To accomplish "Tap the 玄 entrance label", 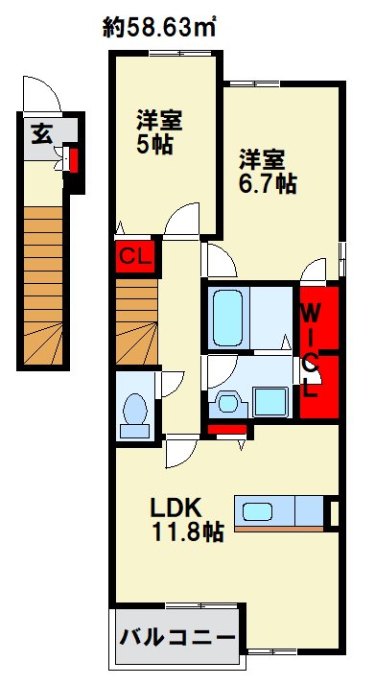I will (42, 133).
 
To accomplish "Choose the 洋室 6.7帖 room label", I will (268, 171).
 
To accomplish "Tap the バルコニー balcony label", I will (176, 637).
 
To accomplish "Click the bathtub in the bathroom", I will (228, 318).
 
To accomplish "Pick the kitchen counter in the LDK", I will (283, 510).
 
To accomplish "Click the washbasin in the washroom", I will (230, 399).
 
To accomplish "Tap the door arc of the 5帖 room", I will (180, 219).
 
